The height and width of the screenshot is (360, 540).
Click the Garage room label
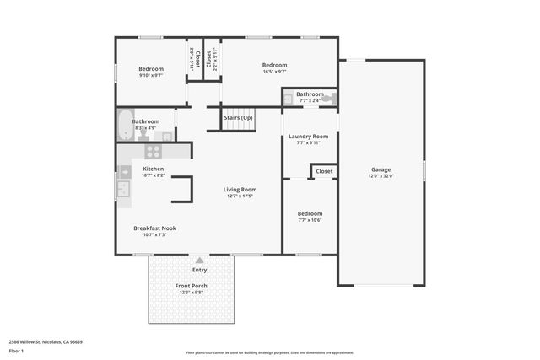tap(381, 169)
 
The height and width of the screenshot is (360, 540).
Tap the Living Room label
tap(240, 190)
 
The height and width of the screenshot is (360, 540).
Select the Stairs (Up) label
tap(238, 118)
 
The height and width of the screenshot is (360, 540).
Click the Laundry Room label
tap(308, 136)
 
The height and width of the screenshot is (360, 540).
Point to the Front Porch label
tap(192, 286)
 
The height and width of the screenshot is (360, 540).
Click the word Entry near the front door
tap(199, 270)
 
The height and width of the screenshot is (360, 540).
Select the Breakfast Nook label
tap(154, 228)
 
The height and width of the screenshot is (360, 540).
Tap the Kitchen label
tap(153, 169)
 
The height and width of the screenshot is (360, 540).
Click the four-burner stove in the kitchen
tap(154, 152)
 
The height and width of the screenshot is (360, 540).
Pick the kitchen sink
tap(123, 190)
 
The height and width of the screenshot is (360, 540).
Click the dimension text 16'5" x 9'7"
tap(274, 73)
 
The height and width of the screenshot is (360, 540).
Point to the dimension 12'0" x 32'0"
tap(381, 177)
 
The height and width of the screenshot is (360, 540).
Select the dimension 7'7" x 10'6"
tap(310, 221)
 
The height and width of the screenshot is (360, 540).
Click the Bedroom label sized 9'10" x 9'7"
tap(151, 68)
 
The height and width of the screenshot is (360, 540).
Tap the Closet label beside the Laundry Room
tap(324, 171)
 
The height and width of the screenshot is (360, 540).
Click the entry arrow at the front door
tap(199, 261)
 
